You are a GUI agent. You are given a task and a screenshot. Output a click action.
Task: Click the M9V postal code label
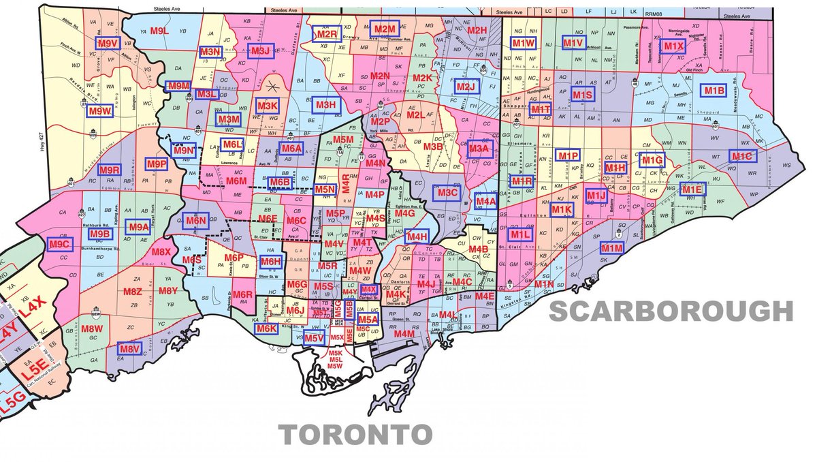point(107,44)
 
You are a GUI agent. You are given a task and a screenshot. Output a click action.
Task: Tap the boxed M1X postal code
point(673,46)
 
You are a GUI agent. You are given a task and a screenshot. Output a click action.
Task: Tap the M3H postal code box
point(326,105)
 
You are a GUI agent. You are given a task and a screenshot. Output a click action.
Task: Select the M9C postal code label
point(60,244)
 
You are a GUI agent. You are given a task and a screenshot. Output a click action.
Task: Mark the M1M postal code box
point(612,248)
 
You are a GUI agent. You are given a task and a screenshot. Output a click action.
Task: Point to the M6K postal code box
point(266,328)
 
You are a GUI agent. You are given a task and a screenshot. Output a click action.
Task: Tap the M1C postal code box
point(741,156)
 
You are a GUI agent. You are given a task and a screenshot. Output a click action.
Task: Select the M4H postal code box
point(416,236)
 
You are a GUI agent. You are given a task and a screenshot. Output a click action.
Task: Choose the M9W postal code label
point(99,111)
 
